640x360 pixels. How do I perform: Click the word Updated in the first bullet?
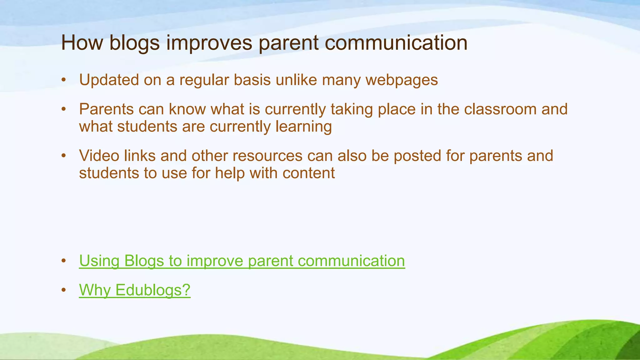(x=109, y=80)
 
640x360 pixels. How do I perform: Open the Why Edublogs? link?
(x=135, y=290)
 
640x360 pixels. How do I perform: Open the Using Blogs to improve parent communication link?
(x=242, y=261)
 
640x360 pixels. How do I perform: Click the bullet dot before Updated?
(x=64, y=80)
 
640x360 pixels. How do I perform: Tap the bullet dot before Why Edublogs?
(x=64, y=290)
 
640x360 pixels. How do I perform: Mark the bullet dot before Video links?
(x=64, y=156)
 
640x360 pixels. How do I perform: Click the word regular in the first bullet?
(x=204, y=80)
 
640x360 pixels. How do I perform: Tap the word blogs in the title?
(x=134, y=43)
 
